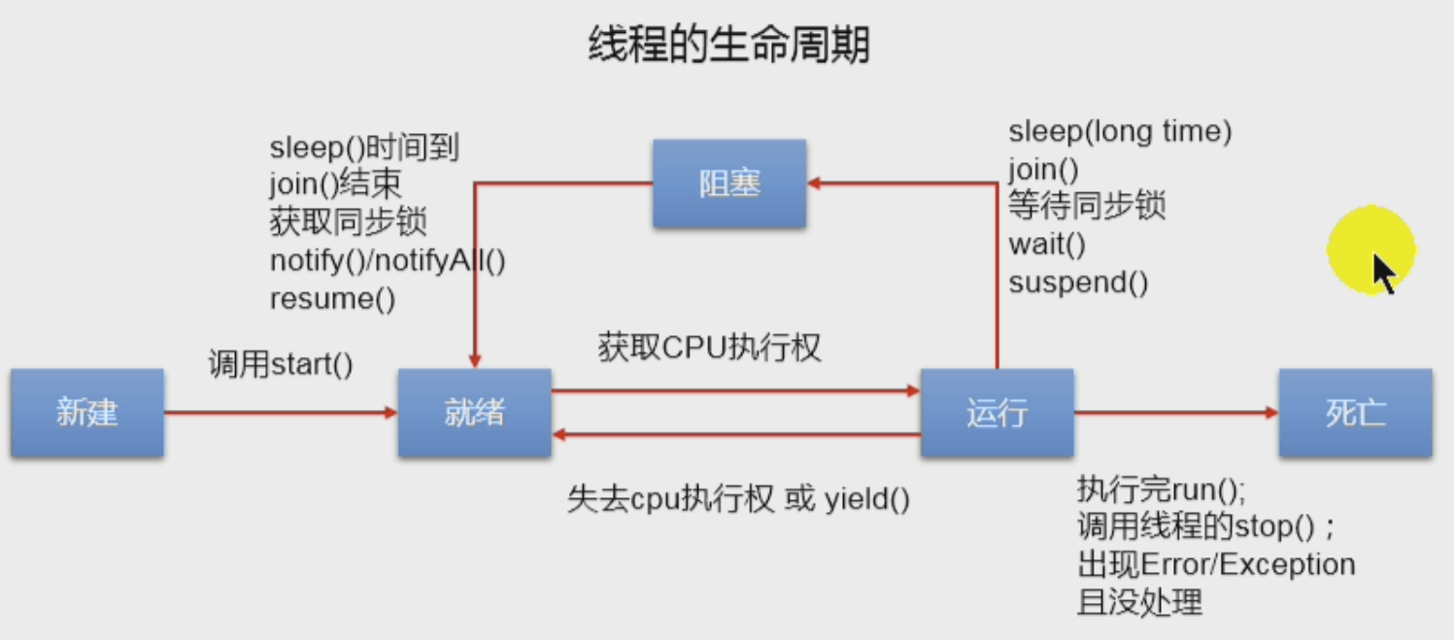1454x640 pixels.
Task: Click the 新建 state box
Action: click(x=86, y=413)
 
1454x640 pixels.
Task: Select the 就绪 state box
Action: click(x=474, y=413)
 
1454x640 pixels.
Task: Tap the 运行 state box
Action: click(x=997, y=413)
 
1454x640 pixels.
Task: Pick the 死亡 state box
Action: click(x=1355, y=413)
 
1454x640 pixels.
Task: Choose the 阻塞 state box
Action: click(x=728, y=184)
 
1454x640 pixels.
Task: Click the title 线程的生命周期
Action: click(x=728, y=46)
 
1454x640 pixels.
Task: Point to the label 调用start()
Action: click(x=281, y=365)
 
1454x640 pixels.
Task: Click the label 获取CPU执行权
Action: click(x=709, y=348)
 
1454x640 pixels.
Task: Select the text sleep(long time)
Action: click(x=1120, y=132)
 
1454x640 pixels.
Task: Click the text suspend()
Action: click(x=1078, y=283)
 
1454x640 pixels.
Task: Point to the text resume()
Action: click(x=332, y=298)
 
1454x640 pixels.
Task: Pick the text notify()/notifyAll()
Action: click(x=388, y=260)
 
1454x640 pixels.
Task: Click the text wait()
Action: click(x=1047, y=245)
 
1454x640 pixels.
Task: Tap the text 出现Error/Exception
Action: click(x=1216, y=564)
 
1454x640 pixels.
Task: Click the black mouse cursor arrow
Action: click(x=1383, y=272)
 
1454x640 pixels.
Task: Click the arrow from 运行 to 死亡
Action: click(x=1175, y=413)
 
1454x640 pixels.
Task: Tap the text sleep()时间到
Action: click(x=363, y=149)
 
